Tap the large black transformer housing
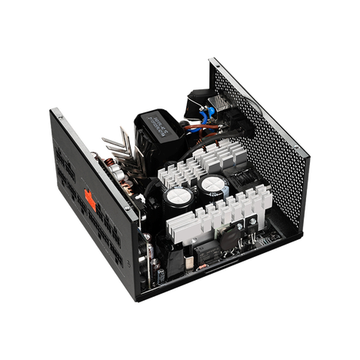click(158, 131)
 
